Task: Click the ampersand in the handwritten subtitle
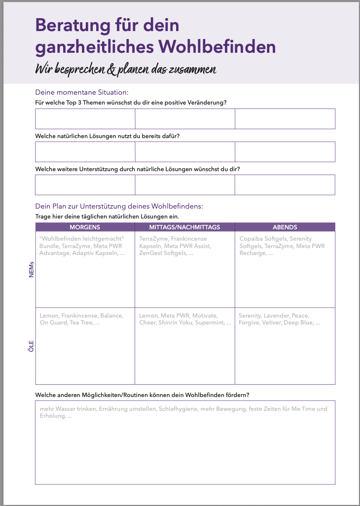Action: point(111,70)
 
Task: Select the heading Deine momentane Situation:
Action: point(82,92)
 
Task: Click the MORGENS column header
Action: point(85,227)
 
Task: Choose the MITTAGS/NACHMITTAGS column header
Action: point(184,227)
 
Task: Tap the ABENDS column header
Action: point(285,227)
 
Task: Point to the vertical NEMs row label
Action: point(32,269)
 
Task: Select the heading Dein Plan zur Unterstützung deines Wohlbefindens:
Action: point(119,206)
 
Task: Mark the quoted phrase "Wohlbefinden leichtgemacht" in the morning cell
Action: point(81,239)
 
